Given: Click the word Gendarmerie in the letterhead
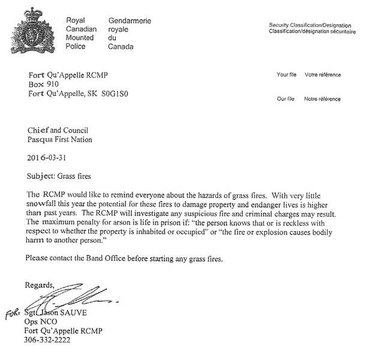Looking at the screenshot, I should pos(130,21).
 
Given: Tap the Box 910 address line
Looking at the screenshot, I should pos(45,85).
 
